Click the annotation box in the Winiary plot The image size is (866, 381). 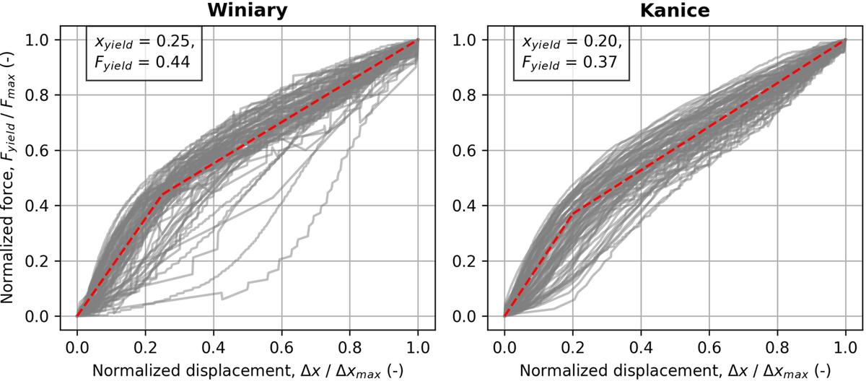tap(143, 53)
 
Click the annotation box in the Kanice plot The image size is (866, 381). tap(570, 53)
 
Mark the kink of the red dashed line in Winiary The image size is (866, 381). tap(162, 194)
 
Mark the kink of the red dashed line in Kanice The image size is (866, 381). tap(572, 214)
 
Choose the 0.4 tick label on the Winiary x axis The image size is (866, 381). tap(213, 337)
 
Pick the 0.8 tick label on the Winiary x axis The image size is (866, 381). tap(350, 337)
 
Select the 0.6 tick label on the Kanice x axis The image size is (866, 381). tap(709, 337)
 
